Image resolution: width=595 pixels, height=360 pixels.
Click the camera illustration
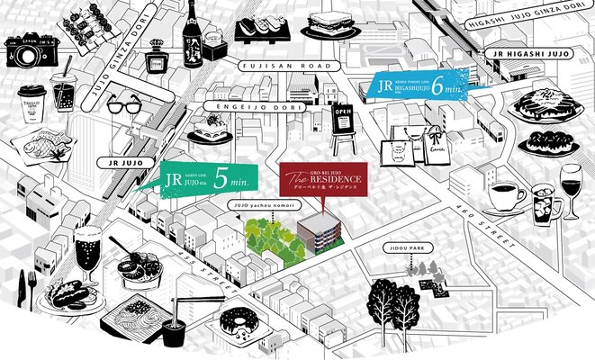point(29,53)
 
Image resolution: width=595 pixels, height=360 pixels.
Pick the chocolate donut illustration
point(239,322)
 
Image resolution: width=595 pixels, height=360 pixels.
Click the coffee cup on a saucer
point(507,197)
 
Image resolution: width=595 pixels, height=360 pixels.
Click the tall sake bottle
point(193,40)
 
